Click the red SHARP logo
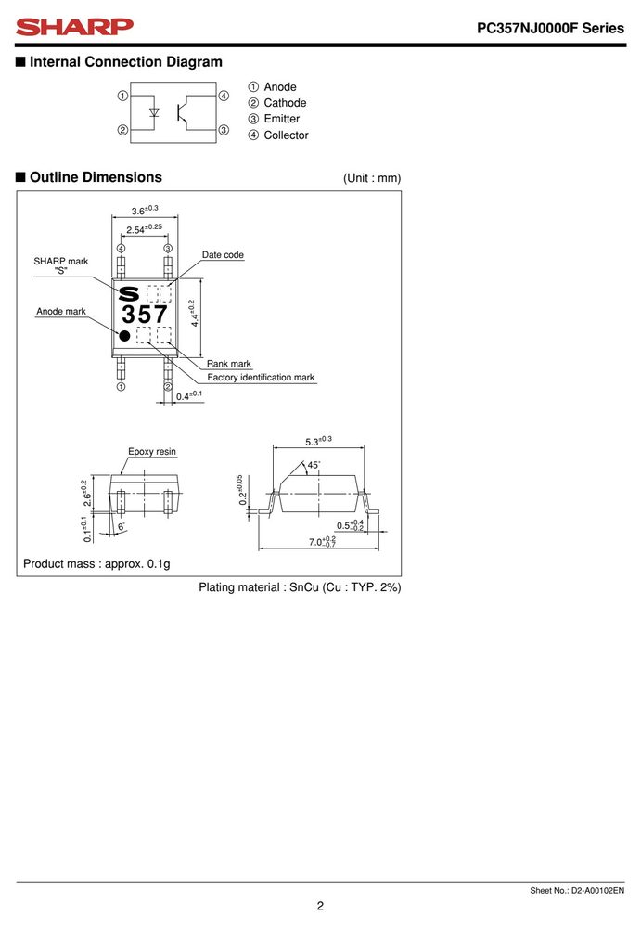74,27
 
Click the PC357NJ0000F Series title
550,28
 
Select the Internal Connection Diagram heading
126,61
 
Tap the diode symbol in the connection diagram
154,112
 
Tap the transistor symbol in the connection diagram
184,112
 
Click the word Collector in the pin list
286,135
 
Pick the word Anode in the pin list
280,87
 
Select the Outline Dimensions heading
96,177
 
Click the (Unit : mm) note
372,178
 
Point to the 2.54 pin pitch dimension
144,229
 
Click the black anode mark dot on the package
124,336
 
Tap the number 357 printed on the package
145,315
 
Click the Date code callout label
223,255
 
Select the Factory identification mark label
261,378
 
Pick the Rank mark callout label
228,364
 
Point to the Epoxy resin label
152,452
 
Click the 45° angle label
314,465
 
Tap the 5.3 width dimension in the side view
318,442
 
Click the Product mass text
96,564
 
